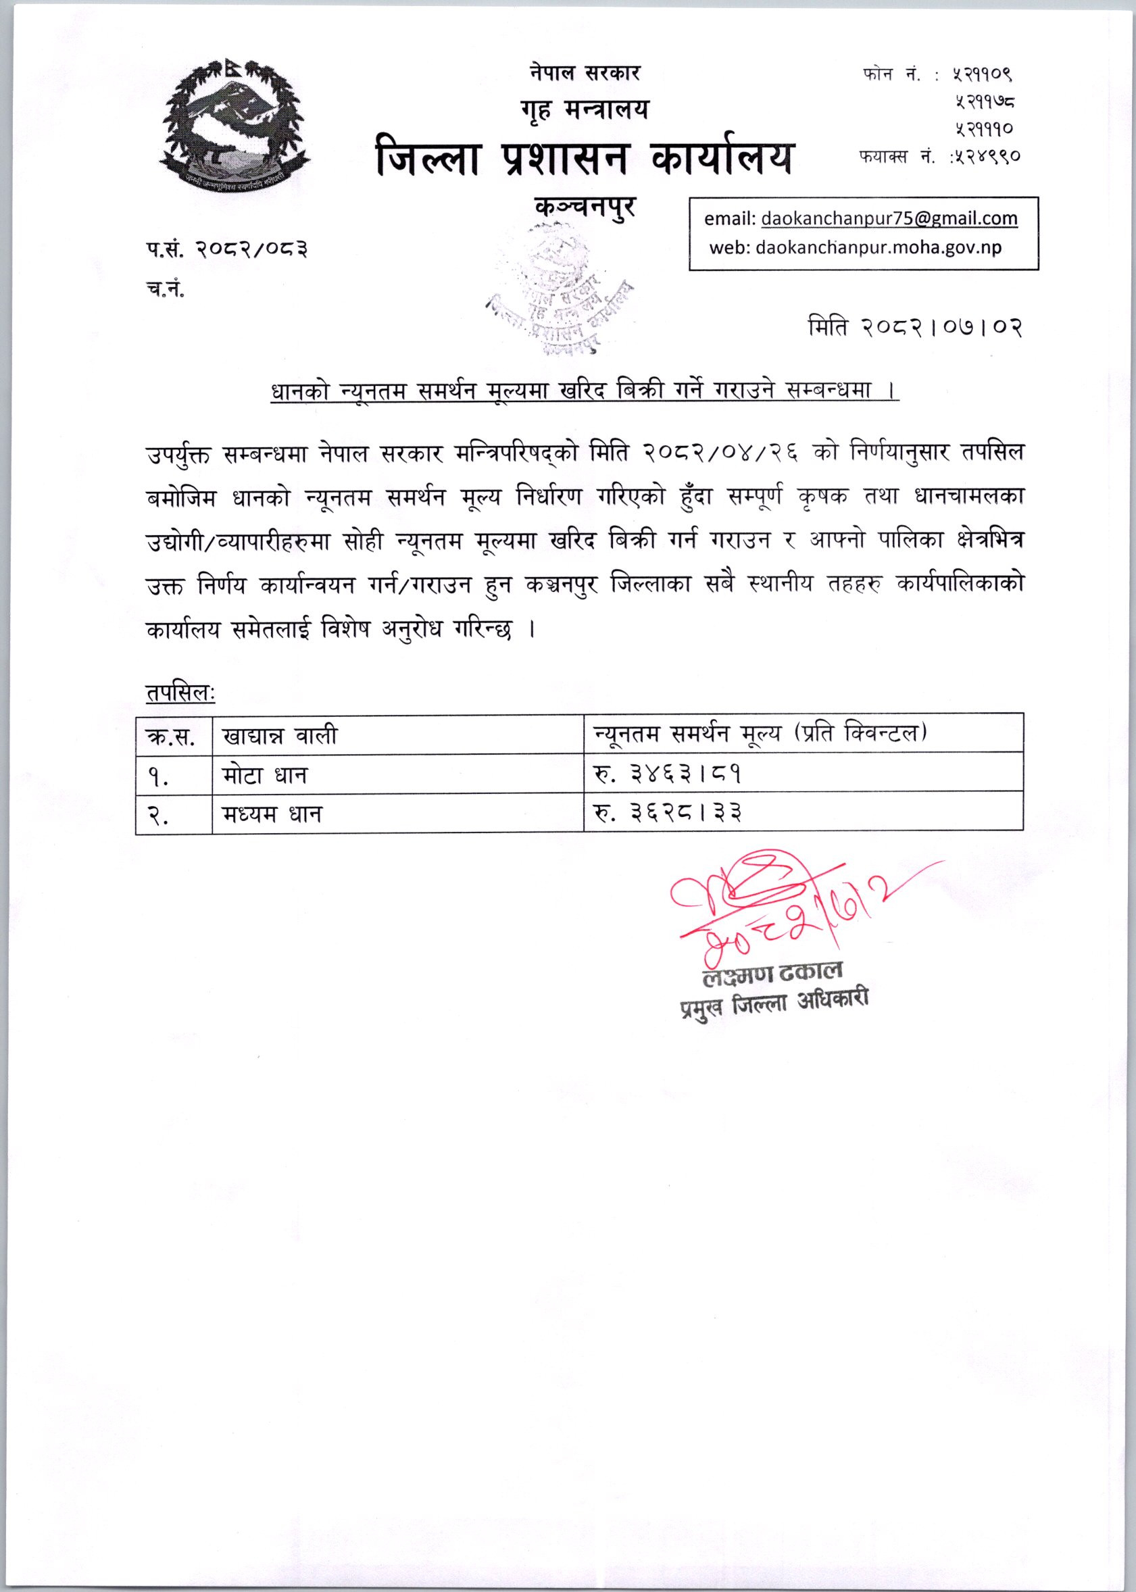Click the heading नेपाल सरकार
pos(584,72)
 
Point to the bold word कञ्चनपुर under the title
pos(585,206)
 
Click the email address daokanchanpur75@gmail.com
pos(889,219)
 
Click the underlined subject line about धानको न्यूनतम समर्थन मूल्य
pos(584,391)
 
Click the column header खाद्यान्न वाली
pos(279,735)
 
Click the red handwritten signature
pos(770,902)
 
